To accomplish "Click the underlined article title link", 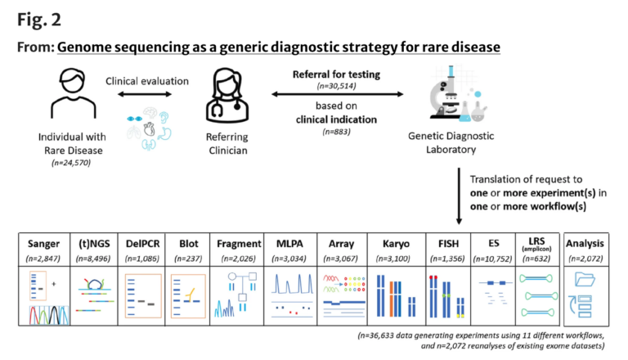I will tap(278, 47).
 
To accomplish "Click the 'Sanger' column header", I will tap(44, 243).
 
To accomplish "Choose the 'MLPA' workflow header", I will tap(290, 243).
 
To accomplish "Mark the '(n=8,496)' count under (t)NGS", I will tap(95, 258).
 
